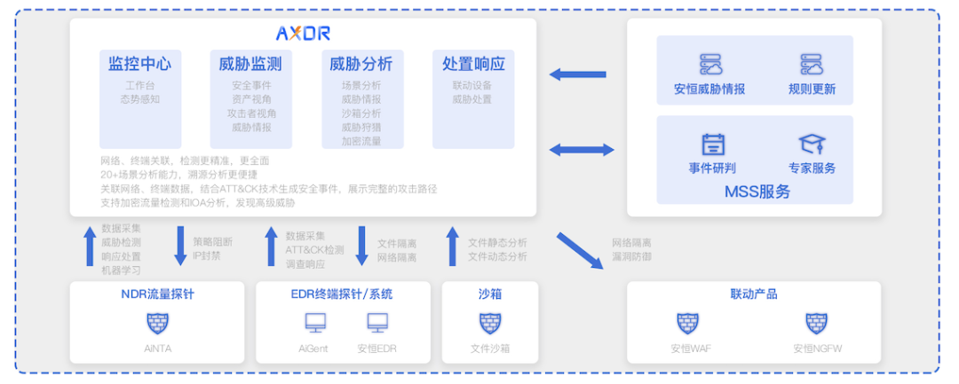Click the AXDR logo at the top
303,34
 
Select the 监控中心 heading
140,64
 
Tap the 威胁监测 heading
251,64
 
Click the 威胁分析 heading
361,64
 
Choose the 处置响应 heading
473,64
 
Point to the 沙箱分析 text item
361,114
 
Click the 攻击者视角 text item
251,114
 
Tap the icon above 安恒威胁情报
710,65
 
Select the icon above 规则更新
812,65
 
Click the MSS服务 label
757,191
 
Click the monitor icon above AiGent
314,323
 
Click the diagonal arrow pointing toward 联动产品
578,249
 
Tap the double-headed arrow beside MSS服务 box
582,150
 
